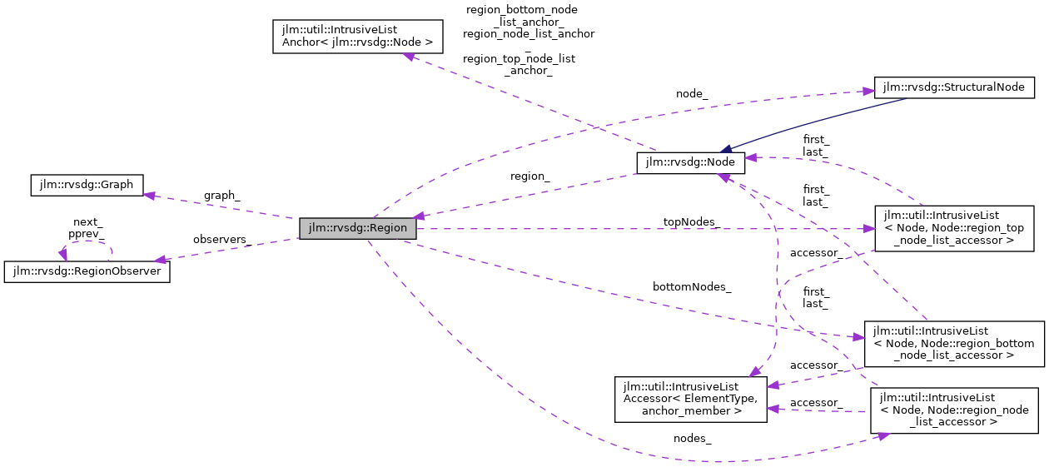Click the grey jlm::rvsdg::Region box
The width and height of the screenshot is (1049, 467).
[x=357, y=228]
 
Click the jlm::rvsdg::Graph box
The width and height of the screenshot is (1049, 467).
[x=87, y=185]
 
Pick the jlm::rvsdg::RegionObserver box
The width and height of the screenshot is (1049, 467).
[x=87, y=271]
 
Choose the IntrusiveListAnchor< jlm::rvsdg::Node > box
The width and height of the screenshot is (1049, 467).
[x=356, y=37]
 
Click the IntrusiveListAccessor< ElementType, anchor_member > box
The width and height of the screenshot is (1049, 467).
[x=690, y=400]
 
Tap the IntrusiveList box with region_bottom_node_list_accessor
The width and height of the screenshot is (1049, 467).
[x=953, y=343]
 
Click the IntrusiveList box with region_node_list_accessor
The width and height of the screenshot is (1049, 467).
[x=953, y=410]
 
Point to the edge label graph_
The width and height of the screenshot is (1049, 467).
[x=221, y=196]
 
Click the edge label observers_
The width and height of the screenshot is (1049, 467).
[x=221, y=240]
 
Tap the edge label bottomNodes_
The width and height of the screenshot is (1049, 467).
[x=692, y=287]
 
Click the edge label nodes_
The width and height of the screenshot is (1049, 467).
[x=692, y=438]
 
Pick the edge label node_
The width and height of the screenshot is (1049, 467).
[x=692, y=94]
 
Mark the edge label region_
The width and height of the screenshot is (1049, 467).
[x=530, y=176]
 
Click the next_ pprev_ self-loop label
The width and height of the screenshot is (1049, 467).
[x=86, y=228]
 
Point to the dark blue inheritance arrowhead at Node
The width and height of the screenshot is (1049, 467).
[x=726, y=149]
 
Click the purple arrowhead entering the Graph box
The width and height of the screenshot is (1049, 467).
[x=150, y=195]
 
